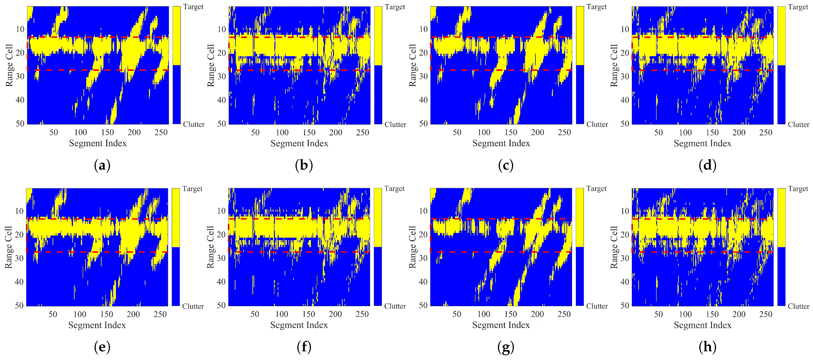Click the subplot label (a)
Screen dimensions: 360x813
(x=102, y=165)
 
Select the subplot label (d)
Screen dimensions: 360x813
(x=707, y=165)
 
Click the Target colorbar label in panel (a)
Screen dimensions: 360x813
(x=193, y=7)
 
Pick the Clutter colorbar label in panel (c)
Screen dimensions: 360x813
(x=597, y=124)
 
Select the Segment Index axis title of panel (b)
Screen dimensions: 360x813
(x=299, y=143)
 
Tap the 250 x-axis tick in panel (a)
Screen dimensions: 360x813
(x=161, y=132)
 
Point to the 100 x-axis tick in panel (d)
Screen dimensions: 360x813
(x=685, y=132)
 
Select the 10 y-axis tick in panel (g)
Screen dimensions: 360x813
(x=423, y=211)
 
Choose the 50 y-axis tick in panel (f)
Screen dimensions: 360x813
(x=221, y=305)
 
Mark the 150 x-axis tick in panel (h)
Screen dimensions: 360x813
(x=712, y=314)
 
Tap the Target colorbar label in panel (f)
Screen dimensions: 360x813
(x=394, y=189)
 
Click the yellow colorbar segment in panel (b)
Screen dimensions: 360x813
(x=378, y=36)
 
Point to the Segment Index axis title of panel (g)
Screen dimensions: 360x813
(x=501, y=325)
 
